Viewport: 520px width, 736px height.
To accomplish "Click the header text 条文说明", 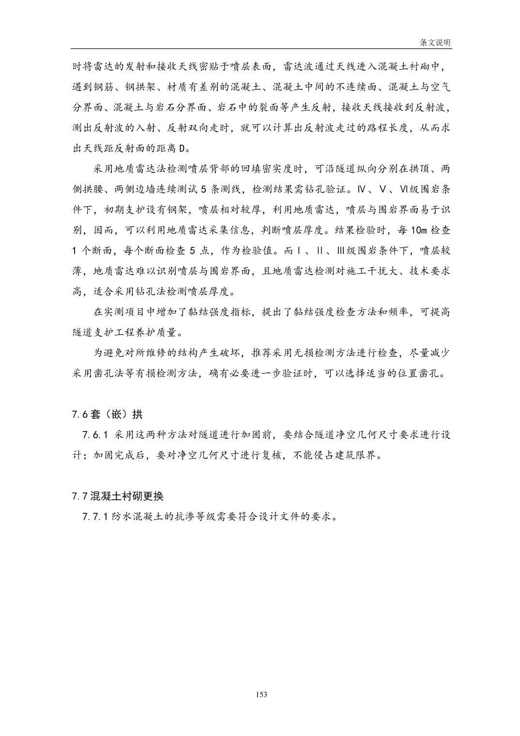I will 435,43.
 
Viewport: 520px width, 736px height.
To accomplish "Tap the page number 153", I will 261,694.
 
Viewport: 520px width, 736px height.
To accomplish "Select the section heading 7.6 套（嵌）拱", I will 107,414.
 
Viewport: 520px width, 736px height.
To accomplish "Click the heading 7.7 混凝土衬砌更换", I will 118,496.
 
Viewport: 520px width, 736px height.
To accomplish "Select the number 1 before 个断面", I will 75,251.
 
